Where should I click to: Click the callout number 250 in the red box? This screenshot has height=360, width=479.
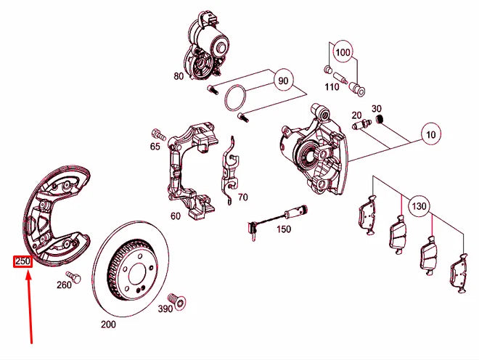(22, 261)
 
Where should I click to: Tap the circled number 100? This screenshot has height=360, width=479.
(343, 53)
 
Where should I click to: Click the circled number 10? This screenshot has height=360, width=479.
(431, 134)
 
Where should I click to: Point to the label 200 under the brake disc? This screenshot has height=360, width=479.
(108, 324)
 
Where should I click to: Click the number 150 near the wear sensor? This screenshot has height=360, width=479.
(283, 229)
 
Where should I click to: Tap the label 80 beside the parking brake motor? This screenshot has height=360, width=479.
(179, 75)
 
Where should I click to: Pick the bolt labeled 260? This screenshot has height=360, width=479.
(72, 277)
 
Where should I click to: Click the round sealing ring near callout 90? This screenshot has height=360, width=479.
(234, 98)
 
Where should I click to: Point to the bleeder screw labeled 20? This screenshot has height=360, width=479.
(359, 125)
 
